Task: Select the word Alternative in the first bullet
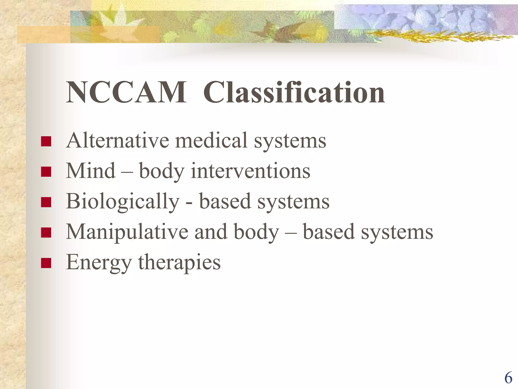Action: point(118,140)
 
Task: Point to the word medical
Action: point(211,140)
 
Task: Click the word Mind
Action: point(91,171)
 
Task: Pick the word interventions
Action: point(250,171)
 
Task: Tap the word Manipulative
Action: point(127,232)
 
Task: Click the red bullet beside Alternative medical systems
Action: point(46,142)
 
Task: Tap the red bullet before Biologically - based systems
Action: point(46,202)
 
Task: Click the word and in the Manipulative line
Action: point(211,232)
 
